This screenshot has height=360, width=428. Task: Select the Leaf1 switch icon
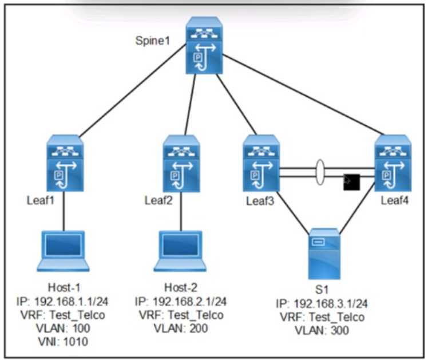(65, 164)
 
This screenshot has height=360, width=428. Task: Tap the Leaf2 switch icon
(181, 164)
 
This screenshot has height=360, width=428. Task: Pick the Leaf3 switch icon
(260, 164)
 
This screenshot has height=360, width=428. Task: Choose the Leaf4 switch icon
(393, 164)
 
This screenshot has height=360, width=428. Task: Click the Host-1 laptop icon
(64, 251)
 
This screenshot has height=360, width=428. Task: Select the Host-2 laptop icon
(180, 251)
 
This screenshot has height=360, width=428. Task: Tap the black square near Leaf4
(350, 181)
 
